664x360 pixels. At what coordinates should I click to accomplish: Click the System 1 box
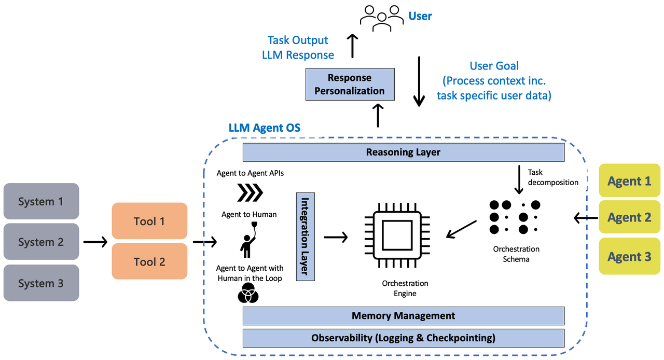[x=41, y=201]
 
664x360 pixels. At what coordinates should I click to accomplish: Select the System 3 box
[x=41, y=283]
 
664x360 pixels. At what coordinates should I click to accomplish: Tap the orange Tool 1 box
[x=149, y=221]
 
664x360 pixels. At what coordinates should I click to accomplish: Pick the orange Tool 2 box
[x=149, y=261]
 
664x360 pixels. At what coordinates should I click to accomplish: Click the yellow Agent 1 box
[x=629, y=181]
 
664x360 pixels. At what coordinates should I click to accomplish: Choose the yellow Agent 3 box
[x=629, y=256]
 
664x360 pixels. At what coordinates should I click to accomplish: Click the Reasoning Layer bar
[x=403, y=152]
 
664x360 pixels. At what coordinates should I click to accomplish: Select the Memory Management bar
[x=403, y=315]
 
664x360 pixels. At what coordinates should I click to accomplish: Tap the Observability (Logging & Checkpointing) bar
[x=403, y=338]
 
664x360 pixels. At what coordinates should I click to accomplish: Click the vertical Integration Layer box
[x=306, y=237]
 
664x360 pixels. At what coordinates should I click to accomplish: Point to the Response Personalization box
[x=349, y=84]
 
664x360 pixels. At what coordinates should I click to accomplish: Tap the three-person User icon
[x=382, y=17]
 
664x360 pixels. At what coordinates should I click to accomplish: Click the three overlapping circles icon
[x=248, y=295]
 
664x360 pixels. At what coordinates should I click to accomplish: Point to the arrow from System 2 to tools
[x=95, y=241]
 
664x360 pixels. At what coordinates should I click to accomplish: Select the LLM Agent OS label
[x=264, y=128]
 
